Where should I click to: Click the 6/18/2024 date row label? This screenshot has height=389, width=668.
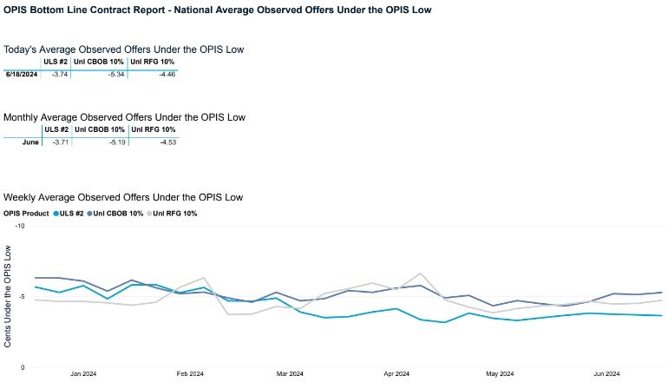[21, 75]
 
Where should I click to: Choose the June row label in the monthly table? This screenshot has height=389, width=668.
[30, 142]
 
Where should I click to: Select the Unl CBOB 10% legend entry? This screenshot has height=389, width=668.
[116, 213]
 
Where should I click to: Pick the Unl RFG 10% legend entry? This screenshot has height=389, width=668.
[174, 213]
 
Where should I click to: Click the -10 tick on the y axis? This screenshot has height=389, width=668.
[21, 226]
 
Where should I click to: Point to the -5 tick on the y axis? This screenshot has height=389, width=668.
[23, 297]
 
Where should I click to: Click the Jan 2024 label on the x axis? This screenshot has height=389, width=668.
[83, 374]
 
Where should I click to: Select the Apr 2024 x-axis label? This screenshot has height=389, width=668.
[396, 374]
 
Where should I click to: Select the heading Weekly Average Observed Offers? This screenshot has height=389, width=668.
[123, 197]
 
